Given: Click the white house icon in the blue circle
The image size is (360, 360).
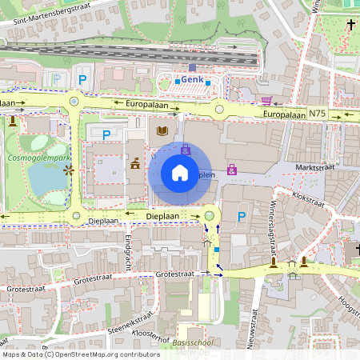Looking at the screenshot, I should (180, 173).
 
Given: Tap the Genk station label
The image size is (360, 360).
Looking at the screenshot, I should (192, 80).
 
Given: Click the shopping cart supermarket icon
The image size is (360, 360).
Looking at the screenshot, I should (266, 100).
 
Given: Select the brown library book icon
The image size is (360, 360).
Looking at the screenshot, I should (162, 130).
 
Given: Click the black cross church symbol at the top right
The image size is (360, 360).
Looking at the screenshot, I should (350, 25).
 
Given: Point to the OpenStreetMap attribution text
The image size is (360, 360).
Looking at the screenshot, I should (81, 354).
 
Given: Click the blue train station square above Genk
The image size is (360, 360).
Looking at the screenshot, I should (192, 68).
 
